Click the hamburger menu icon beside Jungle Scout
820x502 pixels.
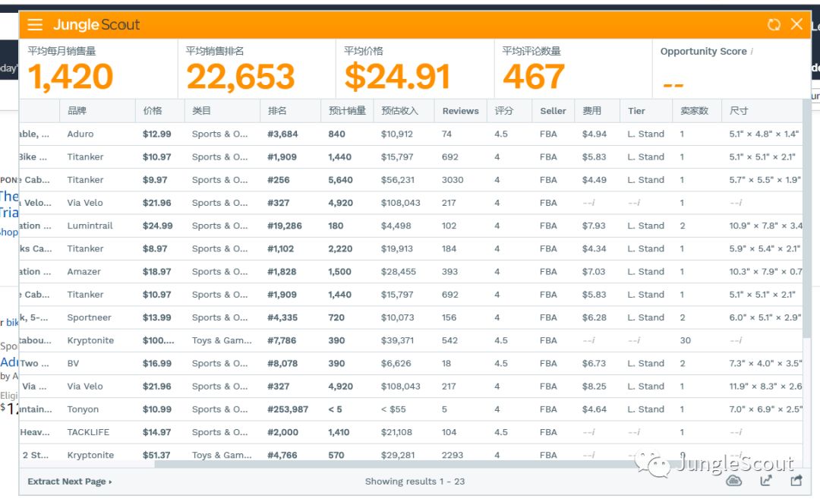[x=35, y=24]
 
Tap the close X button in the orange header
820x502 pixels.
[x=796, y=24]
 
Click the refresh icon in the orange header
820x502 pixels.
[x=774, y=24]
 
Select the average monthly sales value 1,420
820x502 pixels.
[x=71, y=77]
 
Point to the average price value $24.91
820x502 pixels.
[x=397, y=77]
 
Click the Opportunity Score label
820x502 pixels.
[x=703, y=52]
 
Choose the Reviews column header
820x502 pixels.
[x=460, y=111]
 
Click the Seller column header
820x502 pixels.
[x=553, y=111]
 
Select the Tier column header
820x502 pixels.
[x=636, y=111]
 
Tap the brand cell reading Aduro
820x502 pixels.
[x=80, y=134]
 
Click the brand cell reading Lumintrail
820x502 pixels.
[x=90, y=226]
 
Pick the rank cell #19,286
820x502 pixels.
[x=285, y=226]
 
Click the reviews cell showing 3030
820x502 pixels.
[x=453, y=180]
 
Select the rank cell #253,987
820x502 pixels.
[x=288, y=409]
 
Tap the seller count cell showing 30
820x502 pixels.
[x=686, y=341]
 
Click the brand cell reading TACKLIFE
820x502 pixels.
[x=88, y=433]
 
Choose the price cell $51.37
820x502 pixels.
[x=156, y=456]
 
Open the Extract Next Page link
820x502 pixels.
[x=69, y=481]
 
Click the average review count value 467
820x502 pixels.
[x=534, y=77]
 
